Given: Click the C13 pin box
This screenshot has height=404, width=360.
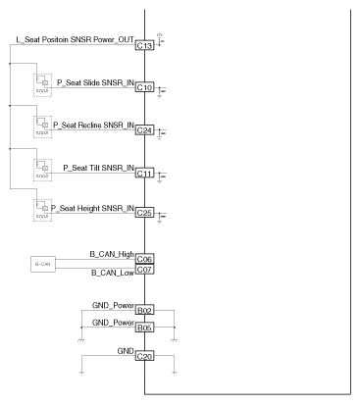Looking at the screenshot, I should click(x=145, y=45).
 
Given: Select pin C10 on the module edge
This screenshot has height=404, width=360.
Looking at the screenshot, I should click(x=145, y=87).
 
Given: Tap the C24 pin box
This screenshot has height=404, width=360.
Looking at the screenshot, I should click(x=145, y=130).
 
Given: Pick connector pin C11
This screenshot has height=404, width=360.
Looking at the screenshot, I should click(x=145, y=174).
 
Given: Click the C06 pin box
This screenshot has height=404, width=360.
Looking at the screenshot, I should click(x=145, y=259).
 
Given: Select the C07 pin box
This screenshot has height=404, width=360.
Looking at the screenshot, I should click(x=145, y=269).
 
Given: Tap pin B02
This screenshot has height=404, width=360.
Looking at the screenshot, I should click(x=145, y=310).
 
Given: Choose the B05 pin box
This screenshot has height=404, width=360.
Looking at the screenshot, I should click(x=145, y=328).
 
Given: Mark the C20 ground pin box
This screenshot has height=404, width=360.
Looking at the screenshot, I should click(x=145, y=357).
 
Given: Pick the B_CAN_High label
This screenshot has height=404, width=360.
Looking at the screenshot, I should click(x=110, y=254).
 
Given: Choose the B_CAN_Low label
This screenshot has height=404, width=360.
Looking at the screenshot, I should click(x=111, y=274).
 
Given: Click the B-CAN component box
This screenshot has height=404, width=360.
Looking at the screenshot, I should click(x=43, y=264).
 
